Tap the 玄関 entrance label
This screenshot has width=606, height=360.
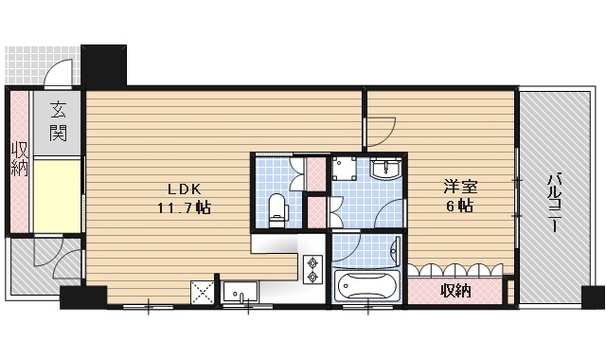pos(58,120)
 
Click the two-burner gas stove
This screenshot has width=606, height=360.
pos(312,270)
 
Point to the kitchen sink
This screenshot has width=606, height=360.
pos(243,293)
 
